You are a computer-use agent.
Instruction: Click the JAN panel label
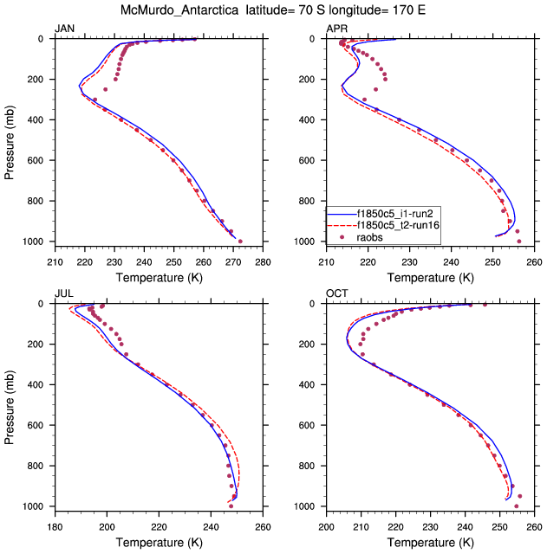[x=65, y=29]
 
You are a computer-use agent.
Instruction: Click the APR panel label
[x=336, y=29]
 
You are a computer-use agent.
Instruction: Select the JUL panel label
[x=64, y=294]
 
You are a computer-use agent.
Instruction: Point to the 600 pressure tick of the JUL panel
[x=37, y=425]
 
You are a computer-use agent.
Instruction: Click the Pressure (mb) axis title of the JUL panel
[x=10, y=405]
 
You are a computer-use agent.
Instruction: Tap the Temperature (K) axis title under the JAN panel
[x=159, y=276]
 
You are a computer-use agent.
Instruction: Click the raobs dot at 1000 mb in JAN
[x=240, y=242]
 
